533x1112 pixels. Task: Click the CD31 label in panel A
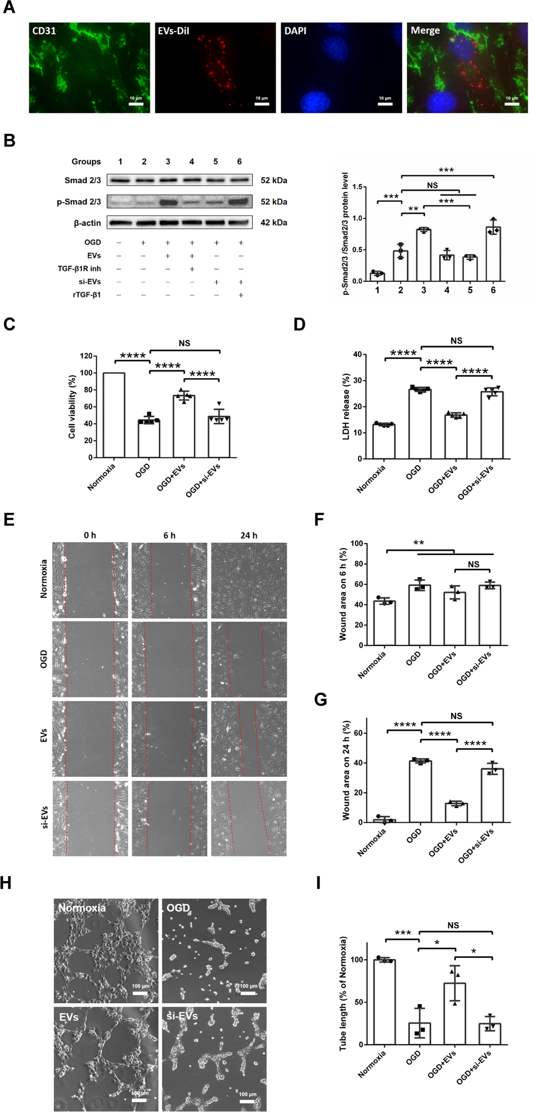click(x=44, y=31)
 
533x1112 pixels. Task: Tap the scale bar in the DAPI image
click(x=385, y=104)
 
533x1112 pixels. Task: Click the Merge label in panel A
click(x=425, y=31)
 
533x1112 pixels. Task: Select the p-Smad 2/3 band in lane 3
click(x=168, y=202)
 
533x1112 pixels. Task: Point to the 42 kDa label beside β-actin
click(x=274, y=223)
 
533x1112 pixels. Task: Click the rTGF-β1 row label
click(x=87, y=295)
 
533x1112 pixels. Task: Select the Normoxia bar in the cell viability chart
click(x=114, y=415)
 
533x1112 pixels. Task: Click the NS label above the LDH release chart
click(x=456, y=341)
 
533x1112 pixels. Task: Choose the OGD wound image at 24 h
click(x=249, y=659)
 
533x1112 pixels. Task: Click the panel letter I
click(x=318, y=883)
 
